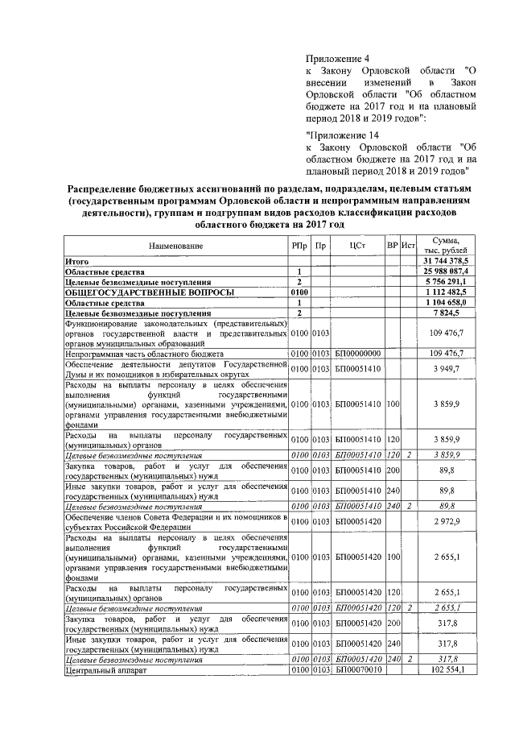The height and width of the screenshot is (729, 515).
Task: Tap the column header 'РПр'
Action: (299, 246)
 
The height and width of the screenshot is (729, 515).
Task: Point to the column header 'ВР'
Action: (393, 246)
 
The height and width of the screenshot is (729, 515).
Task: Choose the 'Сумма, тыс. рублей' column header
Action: (446, 246)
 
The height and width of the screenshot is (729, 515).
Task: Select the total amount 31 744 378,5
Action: (451, 263)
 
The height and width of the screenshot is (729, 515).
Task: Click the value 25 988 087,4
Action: (451, 273)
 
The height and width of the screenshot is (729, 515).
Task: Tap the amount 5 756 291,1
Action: (452, 283)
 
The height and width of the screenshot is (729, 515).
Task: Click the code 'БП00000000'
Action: (359, 354)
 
